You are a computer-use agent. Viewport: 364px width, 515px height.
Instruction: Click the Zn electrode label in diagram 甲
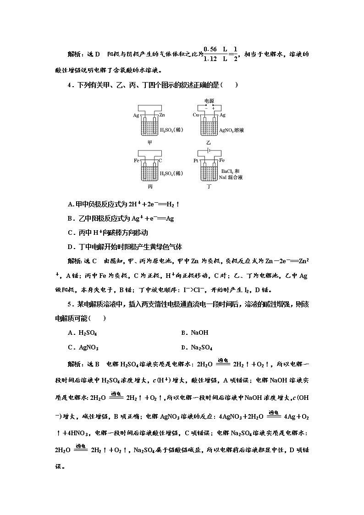click(x=162, y=115)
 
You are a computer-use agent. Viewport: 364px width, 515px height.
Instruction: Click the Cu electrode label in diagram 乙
click(x=196, y=115)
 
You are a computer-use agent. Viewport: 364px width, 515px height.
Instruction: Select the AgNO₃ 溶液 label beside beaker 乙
click(x=232, y=130)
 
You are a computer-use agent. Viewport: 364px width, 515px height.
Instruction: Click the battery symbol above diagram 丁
click(x=209, y=150)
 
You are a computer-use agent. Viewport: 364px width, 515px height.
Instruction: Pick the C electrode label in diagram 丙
click(x=161, y=161)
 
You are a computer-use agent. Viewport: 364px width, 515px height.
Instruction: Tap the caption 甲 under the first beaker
click(x=149, y=142)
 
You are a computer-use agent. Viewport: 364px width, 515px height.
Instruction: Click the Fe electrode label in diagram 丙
click(x=137, y=161)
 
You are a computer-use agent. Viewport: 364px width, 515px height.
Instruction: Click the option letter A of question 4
click(x=70, y=204)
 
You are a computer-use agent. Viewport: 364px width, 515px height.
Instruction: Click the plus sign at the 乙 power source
click(x=213, y=108)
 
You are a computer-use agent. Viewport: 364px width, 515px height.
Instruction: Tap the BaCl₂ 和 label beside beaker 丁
click(x=232, y=169)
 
